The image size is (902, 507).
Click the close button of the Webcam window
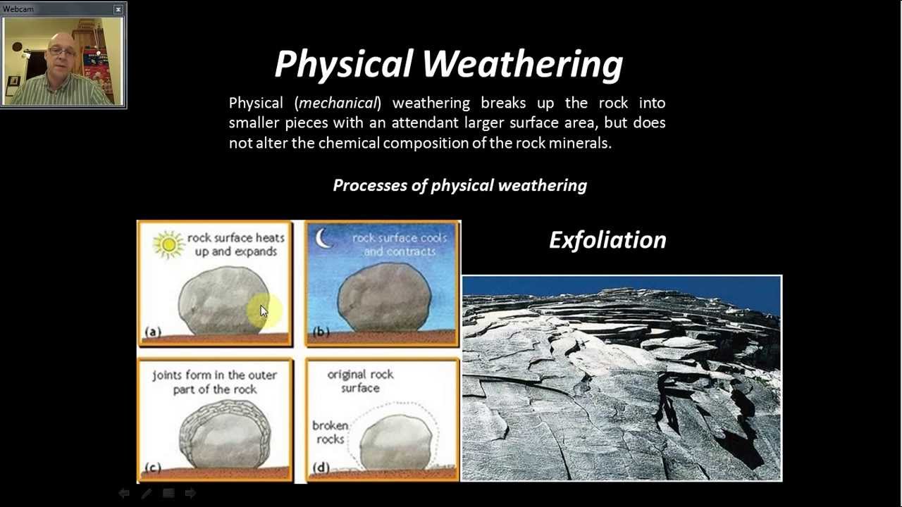click(118, 9)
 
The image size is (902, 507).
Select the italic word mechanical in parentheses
click(338, 104)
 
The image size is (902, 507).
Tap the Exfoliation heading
click(607, 240)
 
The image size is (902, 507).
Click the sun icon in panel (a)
click(168, 244)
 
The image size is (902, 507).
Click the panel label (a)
click(153, 332)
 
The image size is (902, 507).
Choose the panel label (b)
click(320, 332)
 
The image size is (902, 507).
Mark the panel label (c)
click(153, 467)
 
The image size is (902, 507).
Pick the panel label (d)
click(320, 467)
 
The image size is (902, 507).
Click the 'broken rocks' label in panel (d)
click(330, 432)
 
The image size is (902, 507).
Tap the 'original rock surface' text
click(360, 381)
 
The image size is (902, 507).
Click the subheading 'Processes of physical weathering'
click(459, 186)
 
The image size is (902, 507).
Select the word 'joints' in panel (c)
click(167, 375)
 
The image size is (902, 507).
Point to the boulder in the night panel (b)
click(384, 297)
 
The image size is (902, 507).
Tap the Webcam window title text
click(18, 9)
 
